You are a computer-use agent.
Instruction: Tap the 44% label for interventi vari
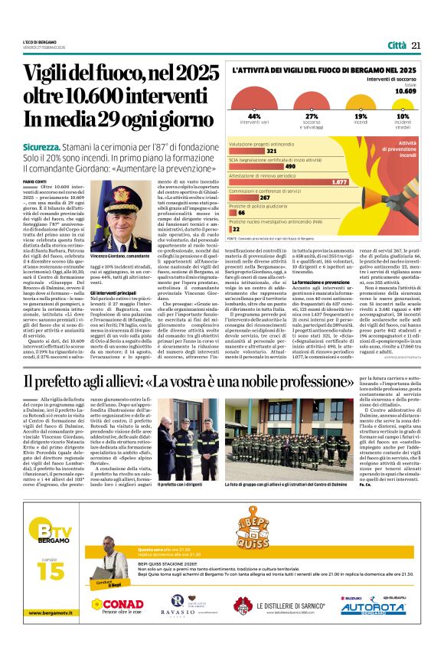pyautogui.click(x=254, y=116)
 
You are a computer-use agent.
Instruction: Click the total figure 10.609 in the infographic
pyautogui.click(x=406, y=90)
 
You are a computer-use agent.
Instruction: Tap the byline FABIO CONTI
pyautogui.click(x=34, y=180)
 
